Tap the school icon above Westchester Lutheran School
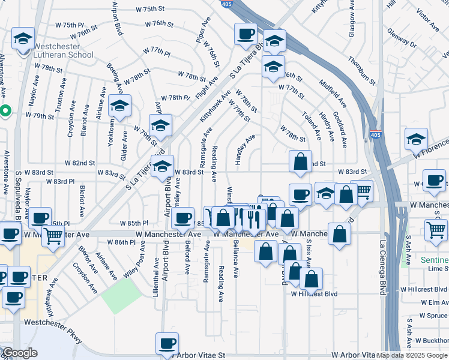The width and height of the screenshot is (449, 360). (23, 40)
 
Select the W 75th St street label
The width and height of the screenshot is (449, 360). (150, 9)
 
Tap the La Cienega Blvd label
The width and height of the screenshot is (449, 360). (382, 268)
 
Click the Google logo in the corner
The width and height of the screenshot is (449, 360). (19, 353)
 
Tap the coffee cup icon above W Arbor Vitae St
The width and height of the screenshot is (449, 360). (167, 343)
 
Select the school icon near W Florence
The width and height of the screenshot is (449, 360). (416, 139)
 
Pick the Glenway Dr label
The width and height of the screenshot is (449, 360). (402, 38)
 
